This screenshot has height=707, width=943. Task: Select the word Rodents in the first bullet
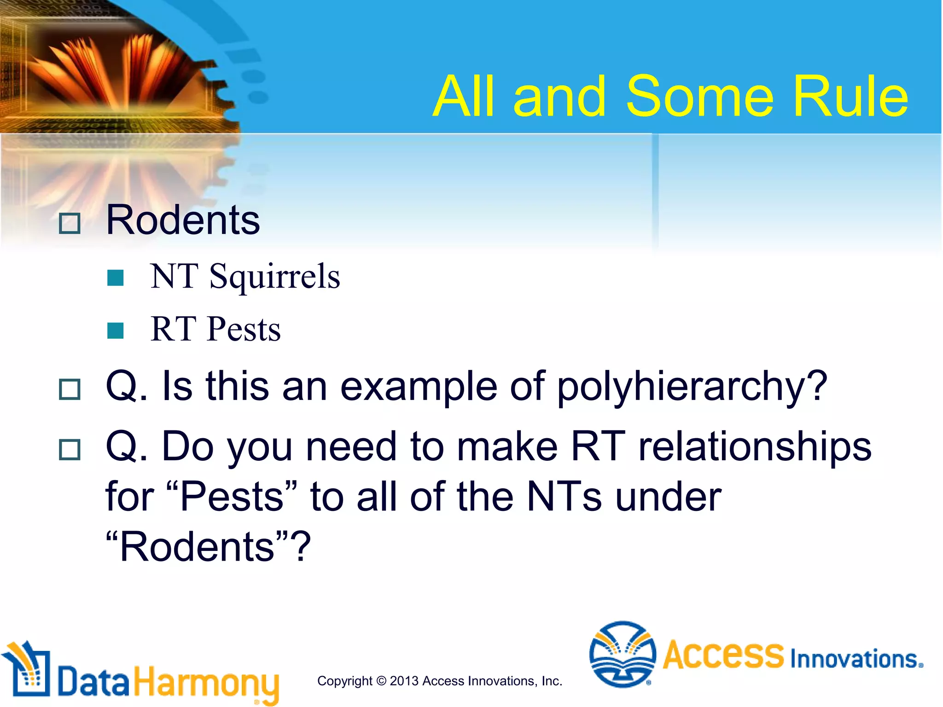point(183,220)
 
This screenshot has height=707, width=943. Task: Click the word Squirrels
point(274,277)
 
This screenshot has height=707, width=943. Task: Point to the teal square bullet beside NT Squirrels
point(115,278)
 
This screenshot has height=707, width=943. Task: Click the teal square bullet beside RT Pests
point(115,330)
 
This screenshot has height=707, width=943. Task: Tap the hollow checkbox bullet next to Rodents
point(70,224)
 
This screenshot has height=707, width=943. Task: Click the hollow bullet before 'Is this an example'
point(70,389)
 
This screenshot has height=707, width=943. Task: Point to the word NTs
point(564,497)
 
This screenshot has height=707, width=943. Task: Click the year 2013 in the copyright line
point(404,681)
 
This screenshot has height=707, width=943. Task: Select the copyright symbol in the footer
point(381,681)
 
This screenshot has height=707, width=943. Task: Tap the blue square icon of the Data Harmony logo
point(29,673)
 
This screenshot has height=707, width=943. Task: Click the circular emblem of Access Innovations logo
point(622,654)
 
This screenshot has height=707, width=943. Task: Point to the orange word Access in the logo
point(723,655)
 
